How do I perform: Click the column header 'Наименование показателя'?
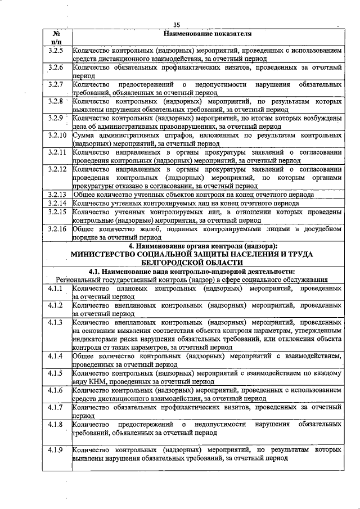206,34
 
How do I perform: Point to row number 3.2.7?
56,84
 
